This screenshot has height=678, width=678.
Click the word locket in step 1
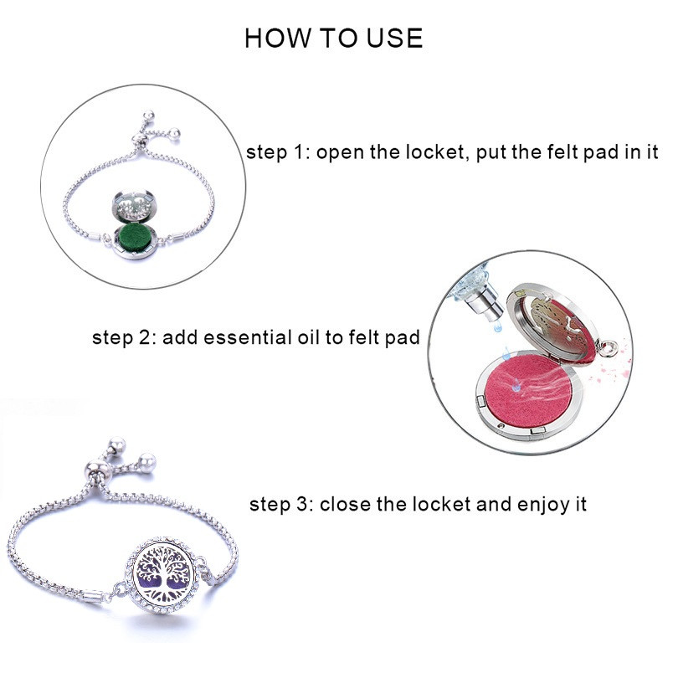437,152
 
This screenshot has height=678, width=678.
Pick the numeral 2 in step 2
143,338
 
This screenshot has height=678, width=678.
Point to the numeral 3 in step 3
301,505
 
